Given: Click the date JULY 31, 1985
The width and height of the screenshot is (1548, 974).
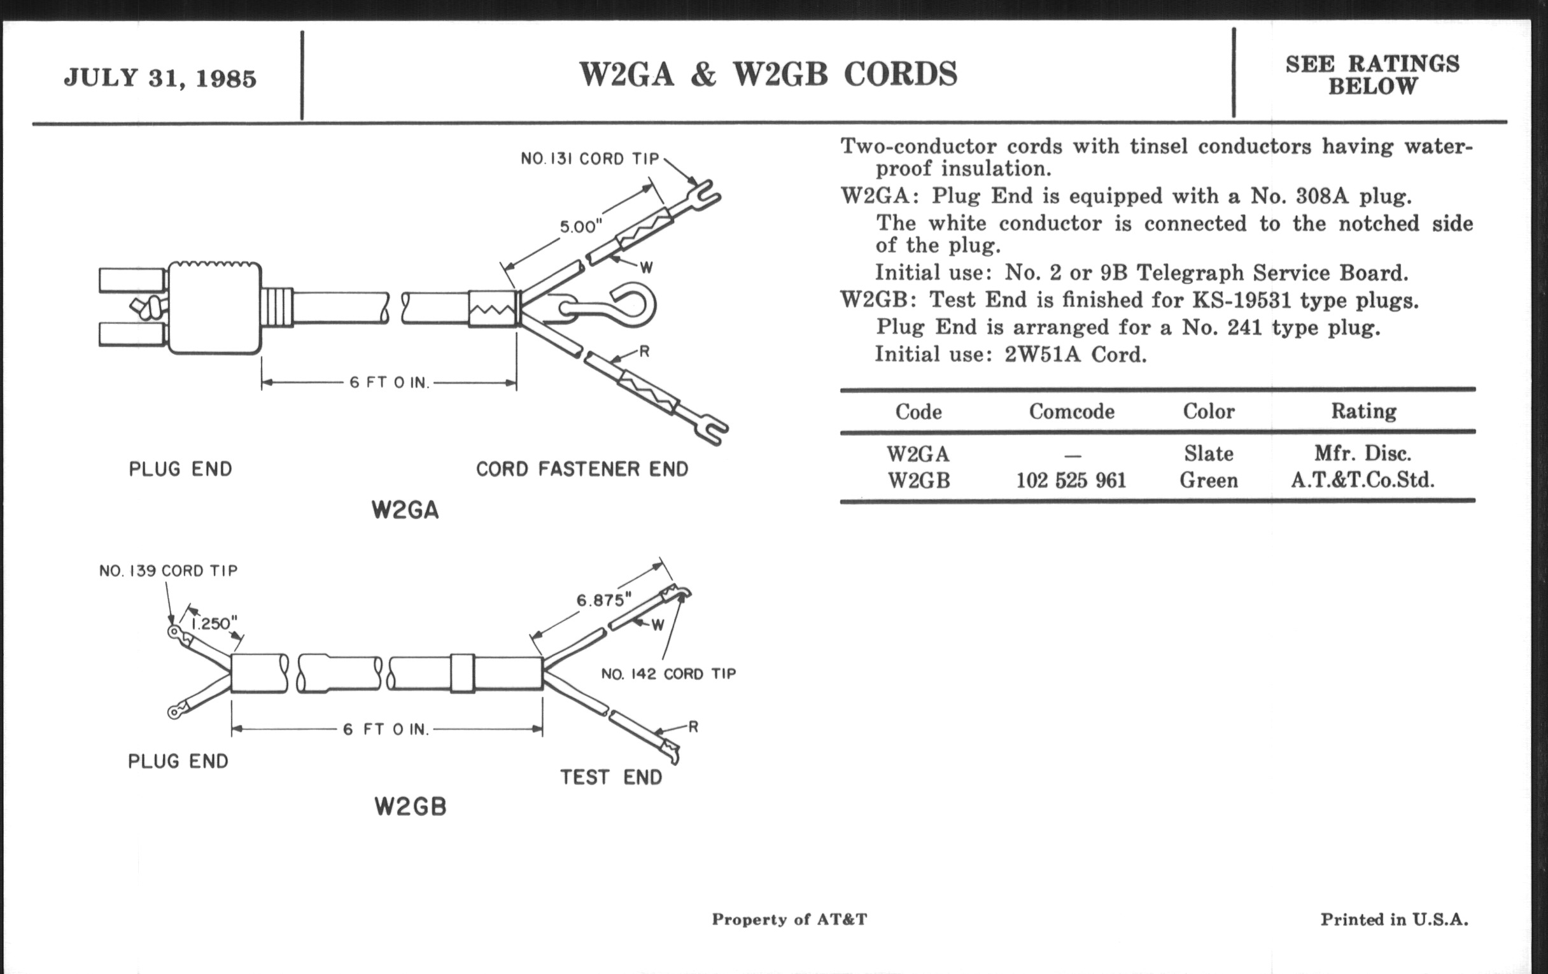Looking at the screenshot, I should (160, 78).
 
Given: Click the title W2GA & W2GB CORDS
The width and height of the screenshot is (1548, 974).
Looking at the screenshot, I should (768, 74).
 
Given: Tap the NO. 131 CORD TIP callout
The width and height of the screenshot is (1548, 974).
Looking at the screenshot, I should (590, 159).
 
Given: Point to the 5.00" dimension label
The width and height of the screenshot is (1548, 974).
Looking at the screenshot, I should (580, 226).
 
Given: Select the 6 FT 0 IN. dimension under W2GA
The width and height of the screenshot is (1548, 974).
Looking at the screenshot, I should (389, 383).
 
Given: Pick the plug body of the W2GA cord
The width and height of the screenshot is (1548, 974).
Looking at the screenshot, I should (214, 309).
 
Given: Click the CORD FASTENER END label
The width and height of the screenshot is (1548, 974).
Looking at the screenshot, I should (582, 469).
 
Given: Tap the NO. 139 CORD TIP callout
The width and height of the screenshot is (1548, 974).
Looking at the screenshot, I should (169, 571).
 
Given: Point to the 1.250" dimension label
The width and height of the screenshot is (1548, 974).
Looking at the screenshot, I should (215, 623).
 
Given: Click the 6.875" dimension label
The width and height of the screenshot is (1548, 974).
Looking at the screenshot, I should (603, 600).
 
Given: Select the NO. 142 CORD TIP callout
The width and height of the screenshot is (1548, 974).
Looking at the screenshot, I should (668, 674).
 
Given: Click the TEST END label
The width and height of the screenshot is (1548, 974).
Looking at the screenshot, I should (610, 777).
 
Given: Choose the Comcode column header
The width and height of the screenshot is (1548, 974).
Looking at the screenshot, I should (1072, 411).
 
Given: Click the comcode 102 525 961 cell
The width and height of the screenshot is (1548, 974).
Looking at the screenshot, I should (1071, 481).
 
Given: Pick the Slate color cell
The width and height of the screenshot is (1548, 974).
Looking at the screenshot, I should (1209, 454).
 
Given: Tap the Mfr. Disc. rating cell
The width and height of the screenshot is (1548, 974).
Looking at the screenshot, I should (1363, 454).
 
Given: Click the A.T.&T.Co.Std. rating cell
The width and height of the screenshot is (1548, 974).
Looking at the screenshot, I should (1363, 481).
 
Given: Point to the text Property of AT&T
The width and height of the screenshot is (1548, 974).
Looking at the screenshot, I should (789, 919).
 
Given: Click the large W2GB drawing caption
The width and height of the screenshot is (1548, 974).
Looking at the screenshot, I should (410, 806).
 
